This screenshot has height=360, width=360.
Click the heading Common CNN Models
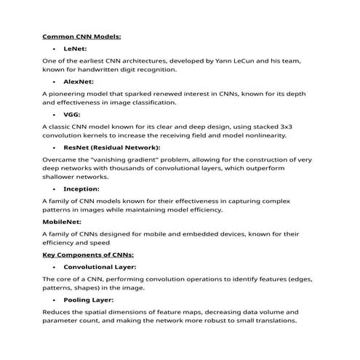point(81,36)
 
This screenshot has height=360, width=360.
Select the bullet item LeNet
point(75,48)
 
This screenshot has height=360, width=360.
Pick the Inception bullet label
point(81,189)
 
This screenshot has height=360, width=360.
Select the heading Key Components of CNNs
point(88,255)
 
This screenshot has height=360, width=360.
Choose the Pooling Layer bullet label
point(88,300)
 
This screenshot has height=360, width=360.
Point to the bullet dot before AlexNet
point(55,82)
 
